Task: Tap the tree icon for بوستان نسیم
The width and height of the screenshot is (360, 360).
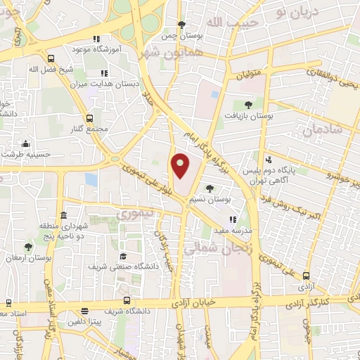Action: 210,188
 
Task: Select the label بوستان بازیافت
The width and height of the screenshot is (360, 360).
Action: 247,116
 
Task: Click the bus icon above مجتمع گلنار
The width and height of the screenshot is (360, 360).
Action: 89,118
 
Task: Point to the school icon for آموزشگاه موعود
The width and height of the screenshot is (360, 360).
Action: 96,39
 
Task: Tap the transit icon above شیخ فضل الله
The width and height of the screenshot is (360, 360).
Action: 51,58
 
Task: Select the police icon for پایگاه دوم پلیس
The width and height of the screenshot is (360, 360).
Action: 269,160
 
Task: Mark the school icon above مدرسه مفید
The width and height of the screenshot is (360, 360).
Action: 233,219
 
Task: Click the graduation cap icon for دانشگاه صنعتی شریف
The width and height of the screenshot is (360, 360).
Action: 123,256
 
